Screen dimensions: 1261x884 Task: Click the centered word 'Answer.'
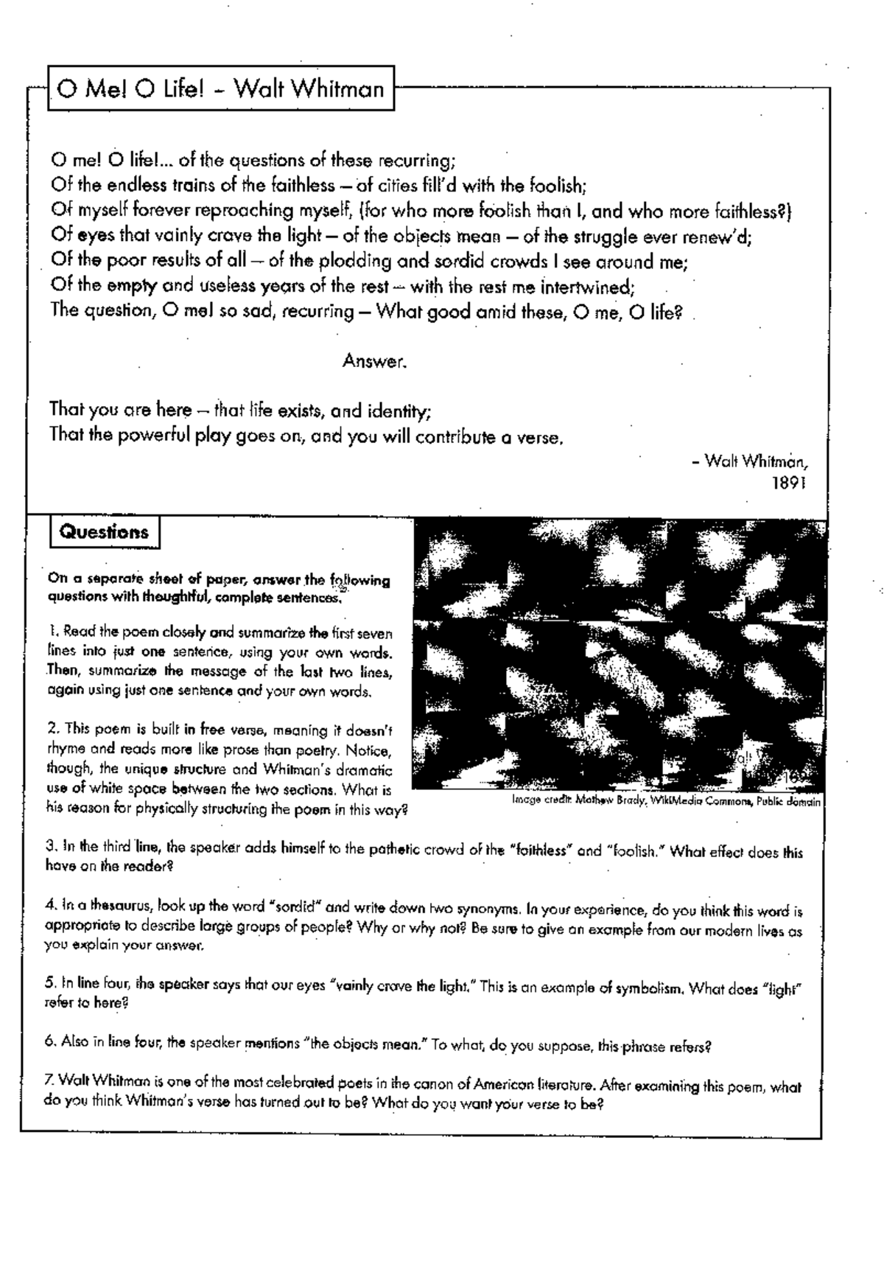(x=374, y=361)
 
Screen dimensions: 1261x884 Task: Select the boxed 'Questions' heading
(x=104, y=532)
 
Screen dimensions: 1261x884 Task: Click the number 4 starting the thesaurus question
(x=49, y=903)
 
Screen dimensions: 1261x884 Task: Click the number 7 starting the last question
(x=49, y=1081)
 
